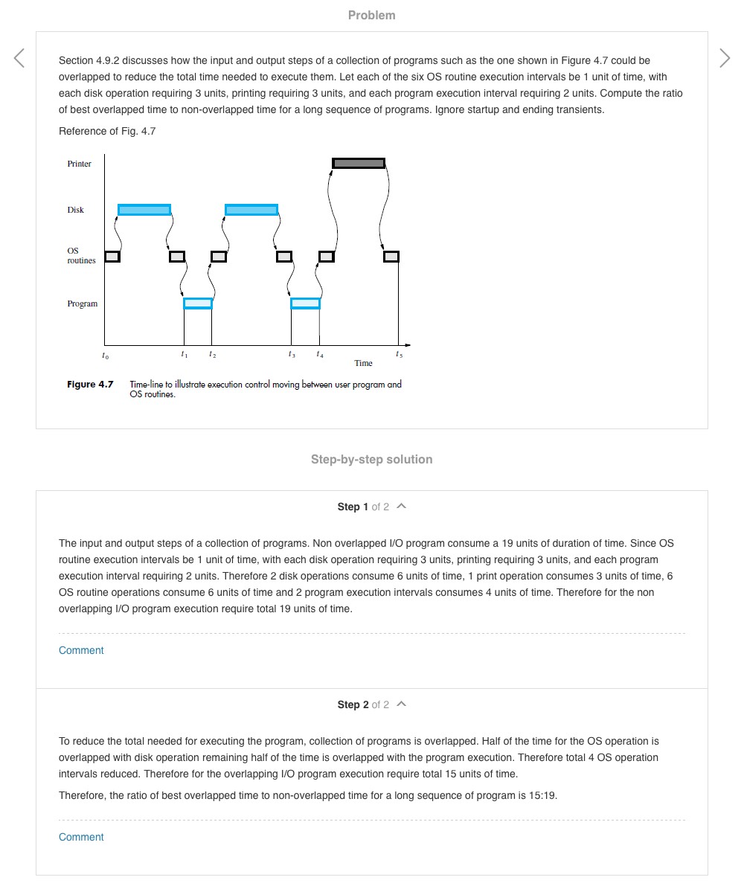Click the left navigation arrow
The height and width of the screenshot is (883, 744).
pyautogui.click(x=19, y=58)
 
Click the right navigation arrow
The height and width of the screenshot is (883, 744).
pyautogui.click(x=725, y=58)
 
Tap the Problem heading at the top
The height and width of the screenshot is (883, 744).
pyautogui.click(x=372, y=15)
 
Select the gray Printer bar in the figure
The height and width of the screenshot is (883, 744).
pyautogui.click(x=359, y=163)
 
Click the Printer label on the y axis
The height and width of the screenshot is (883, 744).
pyautogui.click(x=80, y=164)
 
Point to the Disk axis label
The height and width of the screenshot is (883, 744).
pyautogui.click(x=76, y=210)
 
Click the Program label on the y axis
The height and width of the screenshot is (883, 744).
pyautogui.click(x=83, y=304)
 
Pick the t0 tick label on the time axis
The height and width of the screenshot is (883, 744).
pyautogui.click(x=105, y=356)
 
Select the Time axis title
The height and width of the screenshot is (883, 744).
pyautogui.click(x=364, y=363)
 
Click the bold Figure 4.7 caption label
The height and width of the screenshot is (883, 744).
pyautogui.click(x=90, y=385)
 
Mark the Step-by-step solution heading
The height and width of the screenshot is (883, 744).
pyautogui.click(x=372, y=460)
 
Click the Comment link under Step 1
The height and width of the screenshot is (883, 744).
pyautogui.click(x=81, y=650)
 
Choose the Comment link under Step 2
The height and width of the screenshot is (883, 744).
pyautogui.click(x=81, y=837)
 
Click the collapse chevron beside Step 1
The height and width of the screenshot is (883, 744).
pyautogui.click(x=402, y=507)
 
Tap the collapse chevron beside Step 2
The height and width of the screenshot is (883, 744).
pyautogui.click(x=402, y=704)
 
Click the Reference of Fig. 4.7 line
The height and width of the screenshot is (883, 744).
pyautogui.click(x=107, y=132)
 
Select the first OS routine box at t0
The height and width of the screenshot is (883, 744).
pyautogui.click(x=112, y=257)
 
